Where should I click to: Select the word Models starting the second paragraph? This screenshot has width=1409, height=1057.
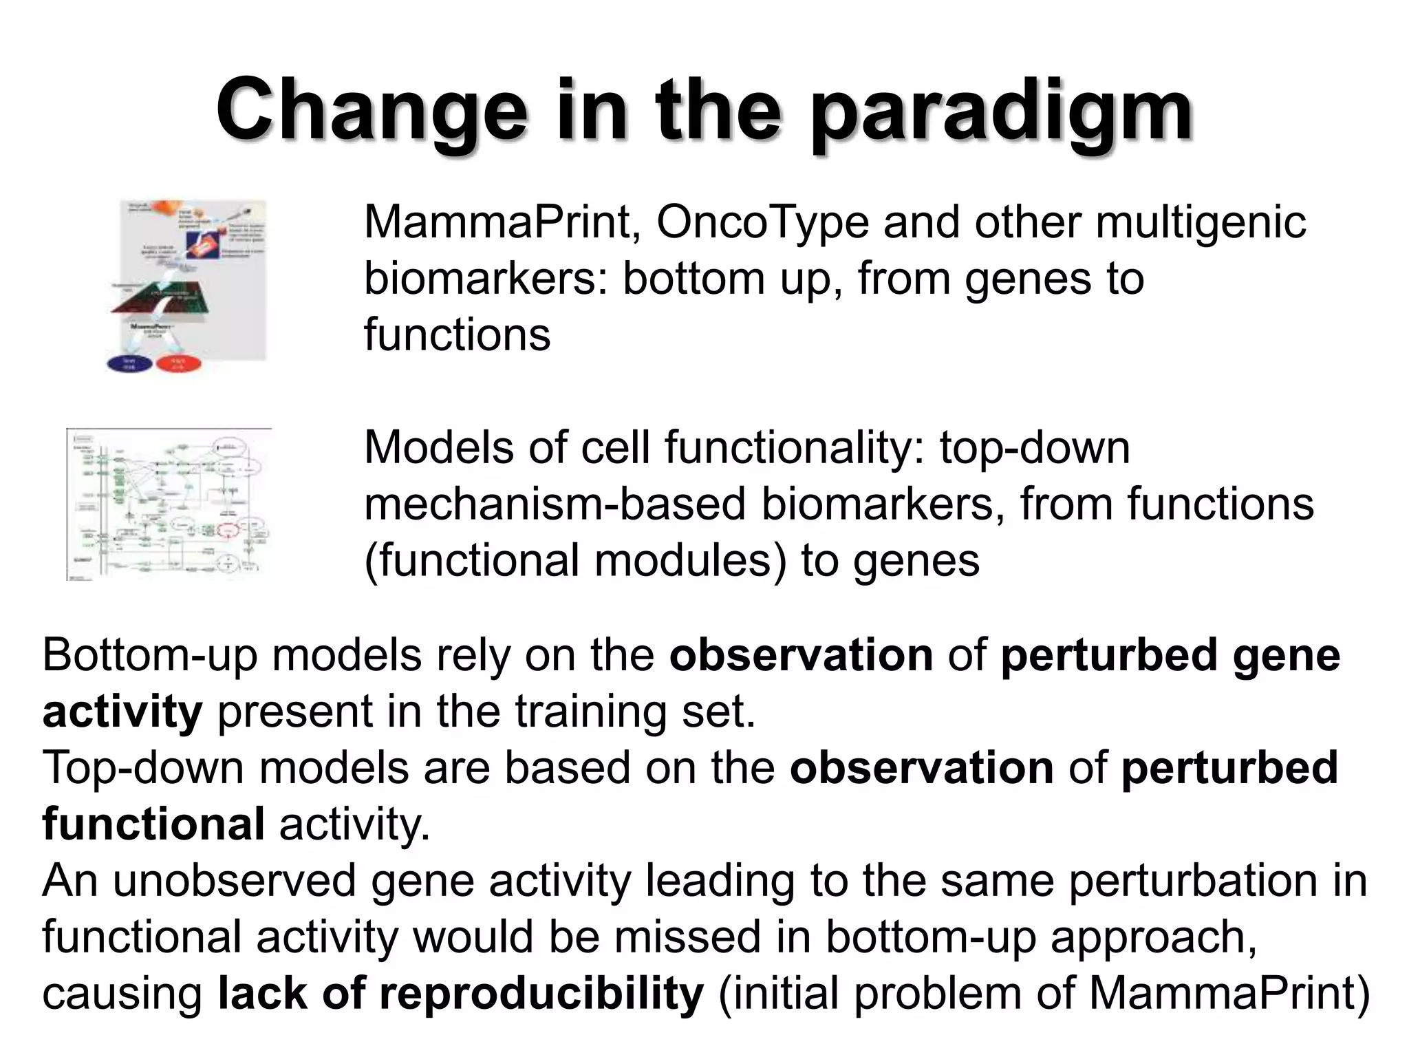(x=438, y=447)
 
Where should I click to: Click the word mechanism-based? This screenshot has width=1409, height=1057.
(x=555, y=504)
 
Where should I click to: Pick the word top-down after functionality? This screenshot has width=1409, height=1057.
(x=1035, y=447)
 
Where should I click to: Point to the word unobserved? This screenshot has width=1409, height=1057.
(x=235, y=881)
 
